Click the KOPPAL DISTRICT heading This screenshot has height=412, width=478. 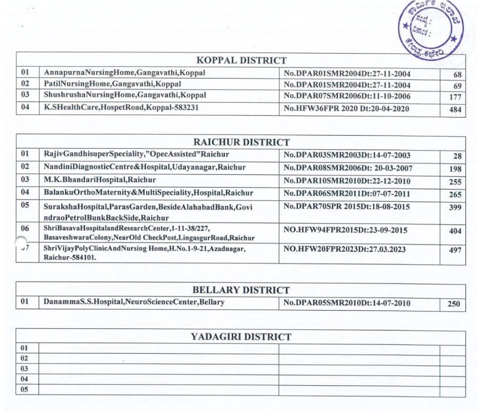tap(242, 61)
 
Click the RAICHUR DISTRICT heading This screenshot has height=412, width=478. tap(242, 143)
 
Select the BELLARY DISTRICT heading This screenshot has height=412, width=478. tap(241, 290)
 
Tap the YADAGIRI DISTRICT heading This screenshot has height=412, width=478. tap(241, 337)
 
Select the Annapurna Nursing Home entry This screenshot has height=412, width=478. tap(124, 73)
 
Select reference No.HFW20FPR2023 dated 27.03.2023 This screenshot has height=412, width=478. tap(345, 249)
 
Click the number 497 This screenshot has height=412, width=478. tap(455, 250)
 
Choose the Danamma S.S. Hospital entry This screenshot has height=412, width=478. tap(134, 302)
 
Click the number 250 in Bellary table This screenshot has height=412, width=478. tap(454, 304)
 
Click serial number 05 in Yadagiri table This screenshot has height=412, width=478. tap(24, 390)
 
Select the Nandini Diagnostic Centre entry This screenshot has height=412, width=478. tap(144, 167)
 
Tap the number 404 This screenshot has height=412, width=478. tap(455, 231)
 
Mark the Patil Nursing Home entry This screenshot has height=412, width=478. tap(112, 84)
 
